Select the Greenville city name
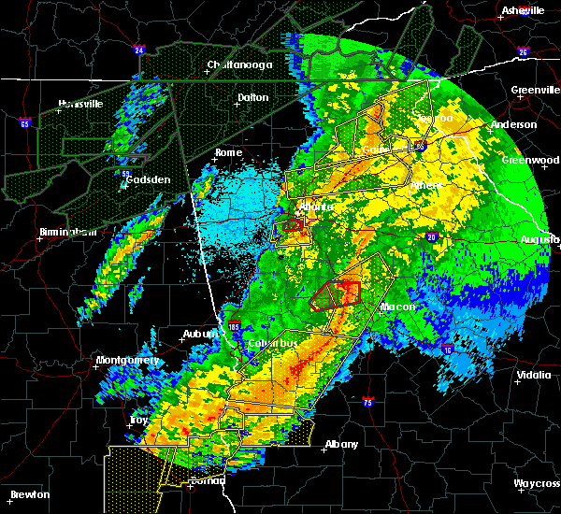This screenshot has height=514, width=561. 534,91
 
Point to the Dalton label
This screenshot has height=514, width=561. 252,97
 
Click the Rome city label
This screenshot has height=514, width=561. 228,152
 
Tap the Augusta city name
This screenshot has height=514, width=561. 539,239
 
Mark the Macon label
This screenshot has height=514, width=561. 396,307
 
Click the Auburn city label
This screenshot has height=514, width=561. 199,334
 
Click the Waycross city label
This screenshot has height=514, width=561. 536,483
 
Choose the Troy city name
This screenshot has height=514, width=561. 138,421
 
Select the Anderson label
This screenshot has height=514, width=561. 513,124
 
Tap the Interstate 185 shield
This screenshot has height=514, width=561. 235,326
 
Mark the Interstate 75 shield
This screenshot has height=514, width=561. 367,403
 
